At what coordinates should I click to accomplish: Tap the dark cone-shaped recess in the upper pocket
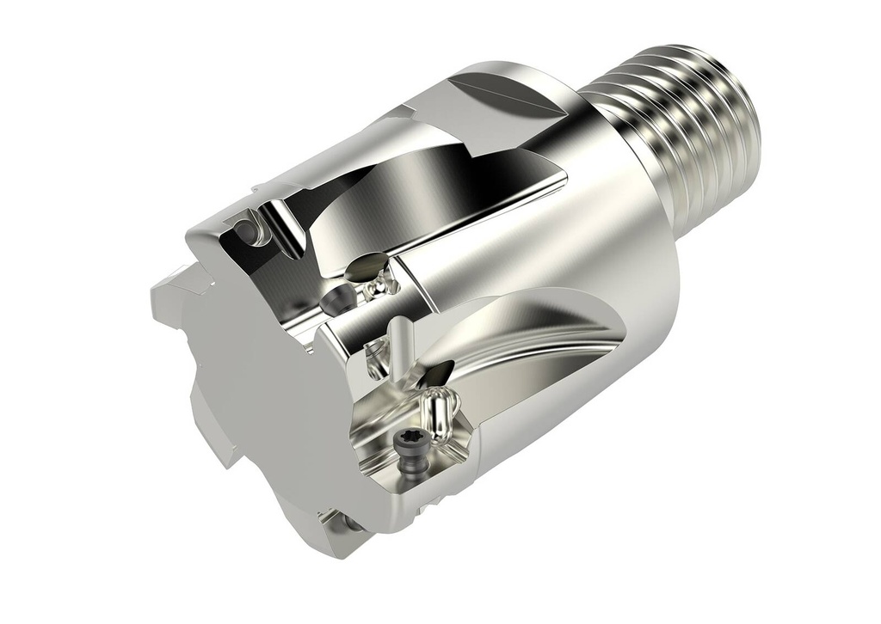[338, 299]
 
